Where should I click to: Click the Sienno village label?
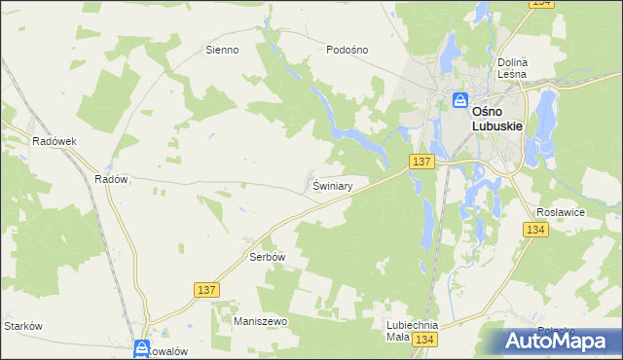221,50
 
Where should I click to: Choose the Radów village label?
111,179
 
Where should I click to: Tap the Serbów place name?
266,257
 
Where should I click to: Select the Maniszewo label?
257,320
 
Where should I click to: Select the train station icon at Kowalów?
142,347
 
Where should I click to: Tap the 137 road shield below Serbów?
205,290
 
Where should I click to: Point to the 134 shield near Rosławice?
533,230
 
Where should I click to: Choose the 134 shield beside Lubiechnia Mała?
423,339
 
